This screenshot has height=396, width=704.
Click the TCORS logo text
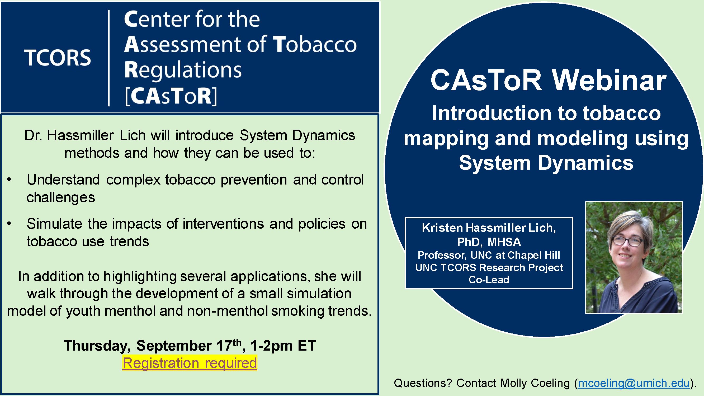[x=58, y=58]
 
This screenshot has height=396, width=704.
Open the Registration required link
[x=190, y=363]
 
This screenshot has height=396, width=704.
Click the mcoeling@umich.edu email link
[x=634, y=383]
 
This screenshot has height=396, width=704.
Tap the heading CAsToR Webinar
[x=549, y=80]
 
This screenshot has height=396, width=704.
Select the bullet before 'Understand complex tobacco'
[x=9, y=180]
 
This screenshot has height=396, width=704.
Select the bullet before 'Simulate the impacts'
[x=9, y=224]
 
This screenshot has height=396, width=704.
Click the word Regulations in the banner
[x=183, y=70]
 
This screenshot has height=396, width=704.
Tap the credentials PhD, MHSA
[x=489, y=242]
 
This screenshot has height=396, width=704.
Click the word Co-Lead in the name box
[x=489, y=280]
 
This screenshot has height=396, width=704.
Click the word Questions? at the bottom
[x=423, y=383]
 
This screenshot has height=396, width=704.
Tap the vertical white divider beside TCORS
[x=109, y=58]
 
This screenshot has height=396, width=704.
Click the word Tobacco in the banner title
[x=315, y=44]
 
